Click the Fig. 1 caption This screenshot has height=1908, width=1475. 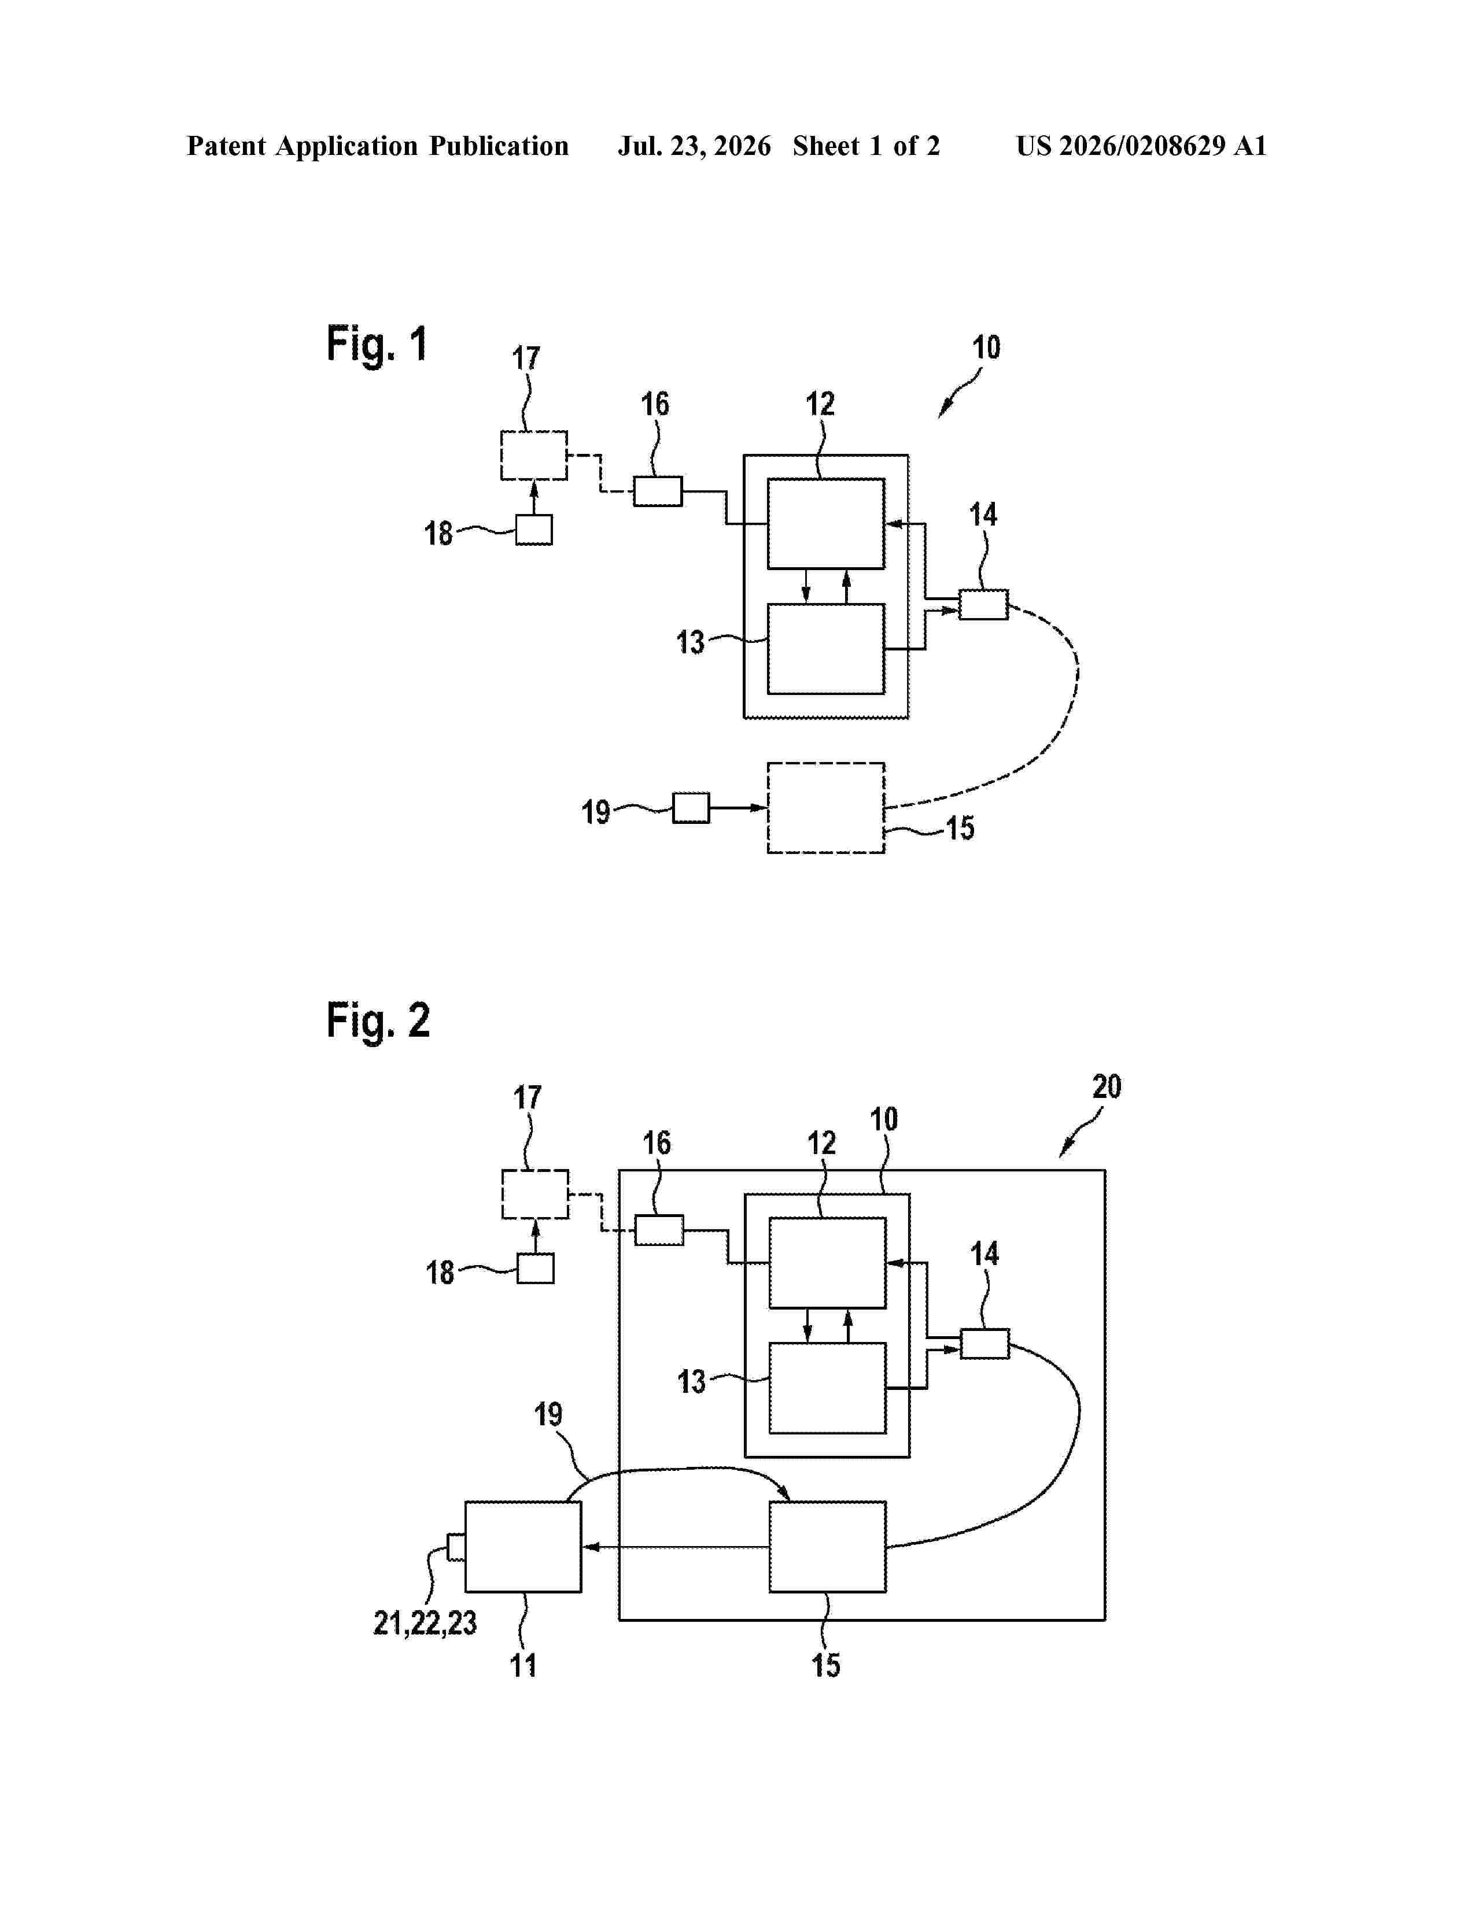point(377,343)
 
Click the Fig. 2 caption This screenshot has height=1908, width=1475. point(378,1020)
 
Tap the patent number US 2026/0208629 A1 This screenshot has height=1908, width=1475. point(1141,146)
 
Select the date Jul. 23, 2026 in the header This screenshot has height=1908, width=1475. point(695,146)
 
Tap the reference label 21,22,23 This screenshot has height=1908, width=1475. point(426,1623)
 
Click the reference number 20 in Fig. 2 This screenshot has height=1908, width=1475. point(1106,1087)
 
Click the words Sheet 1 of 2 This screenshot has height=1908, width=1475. point(866,146)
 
